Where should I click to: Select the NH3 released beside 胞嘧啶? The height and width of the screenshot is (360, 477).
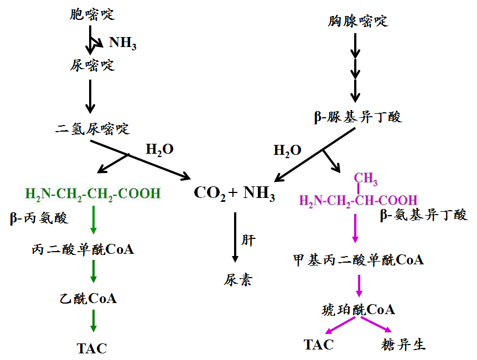coord(122,43)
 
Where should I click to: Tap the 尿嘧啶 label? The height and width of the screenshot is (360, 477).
coord(92,65)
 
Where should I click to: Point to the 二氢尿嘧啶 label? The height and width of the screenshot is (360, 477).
coord(92,129)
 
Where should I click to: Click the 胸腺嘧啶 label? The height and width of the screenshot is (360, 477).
coord(357,22)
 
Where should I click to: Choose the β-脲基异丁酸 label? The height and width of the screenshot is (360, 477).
coord(357,117)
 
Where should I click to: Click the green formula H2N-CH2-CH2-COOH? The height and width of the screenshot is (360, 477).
coord(93,194)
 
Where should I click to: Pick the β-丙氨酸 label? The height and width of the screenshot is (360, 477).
coord(39,218)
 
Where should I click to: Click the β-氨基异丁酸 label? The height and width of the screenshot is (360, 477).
coord(423,215)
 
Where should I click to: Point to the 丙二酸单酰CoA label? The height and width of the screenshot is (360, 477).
coord(83,249)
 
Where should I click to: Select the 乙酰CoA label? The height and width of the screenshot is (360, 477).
coord(89,299)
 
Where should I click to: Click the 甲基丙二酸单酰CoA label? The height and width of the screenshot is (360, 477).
coord(359,260)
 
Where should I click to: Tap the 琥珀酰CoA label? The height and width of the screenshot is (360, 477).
coord(358,310)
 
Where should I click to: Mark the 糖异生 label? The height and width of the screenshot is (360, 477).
coord(404,345)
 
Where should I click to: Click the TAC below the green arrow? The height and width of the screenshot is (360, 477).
coord(92,348)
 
